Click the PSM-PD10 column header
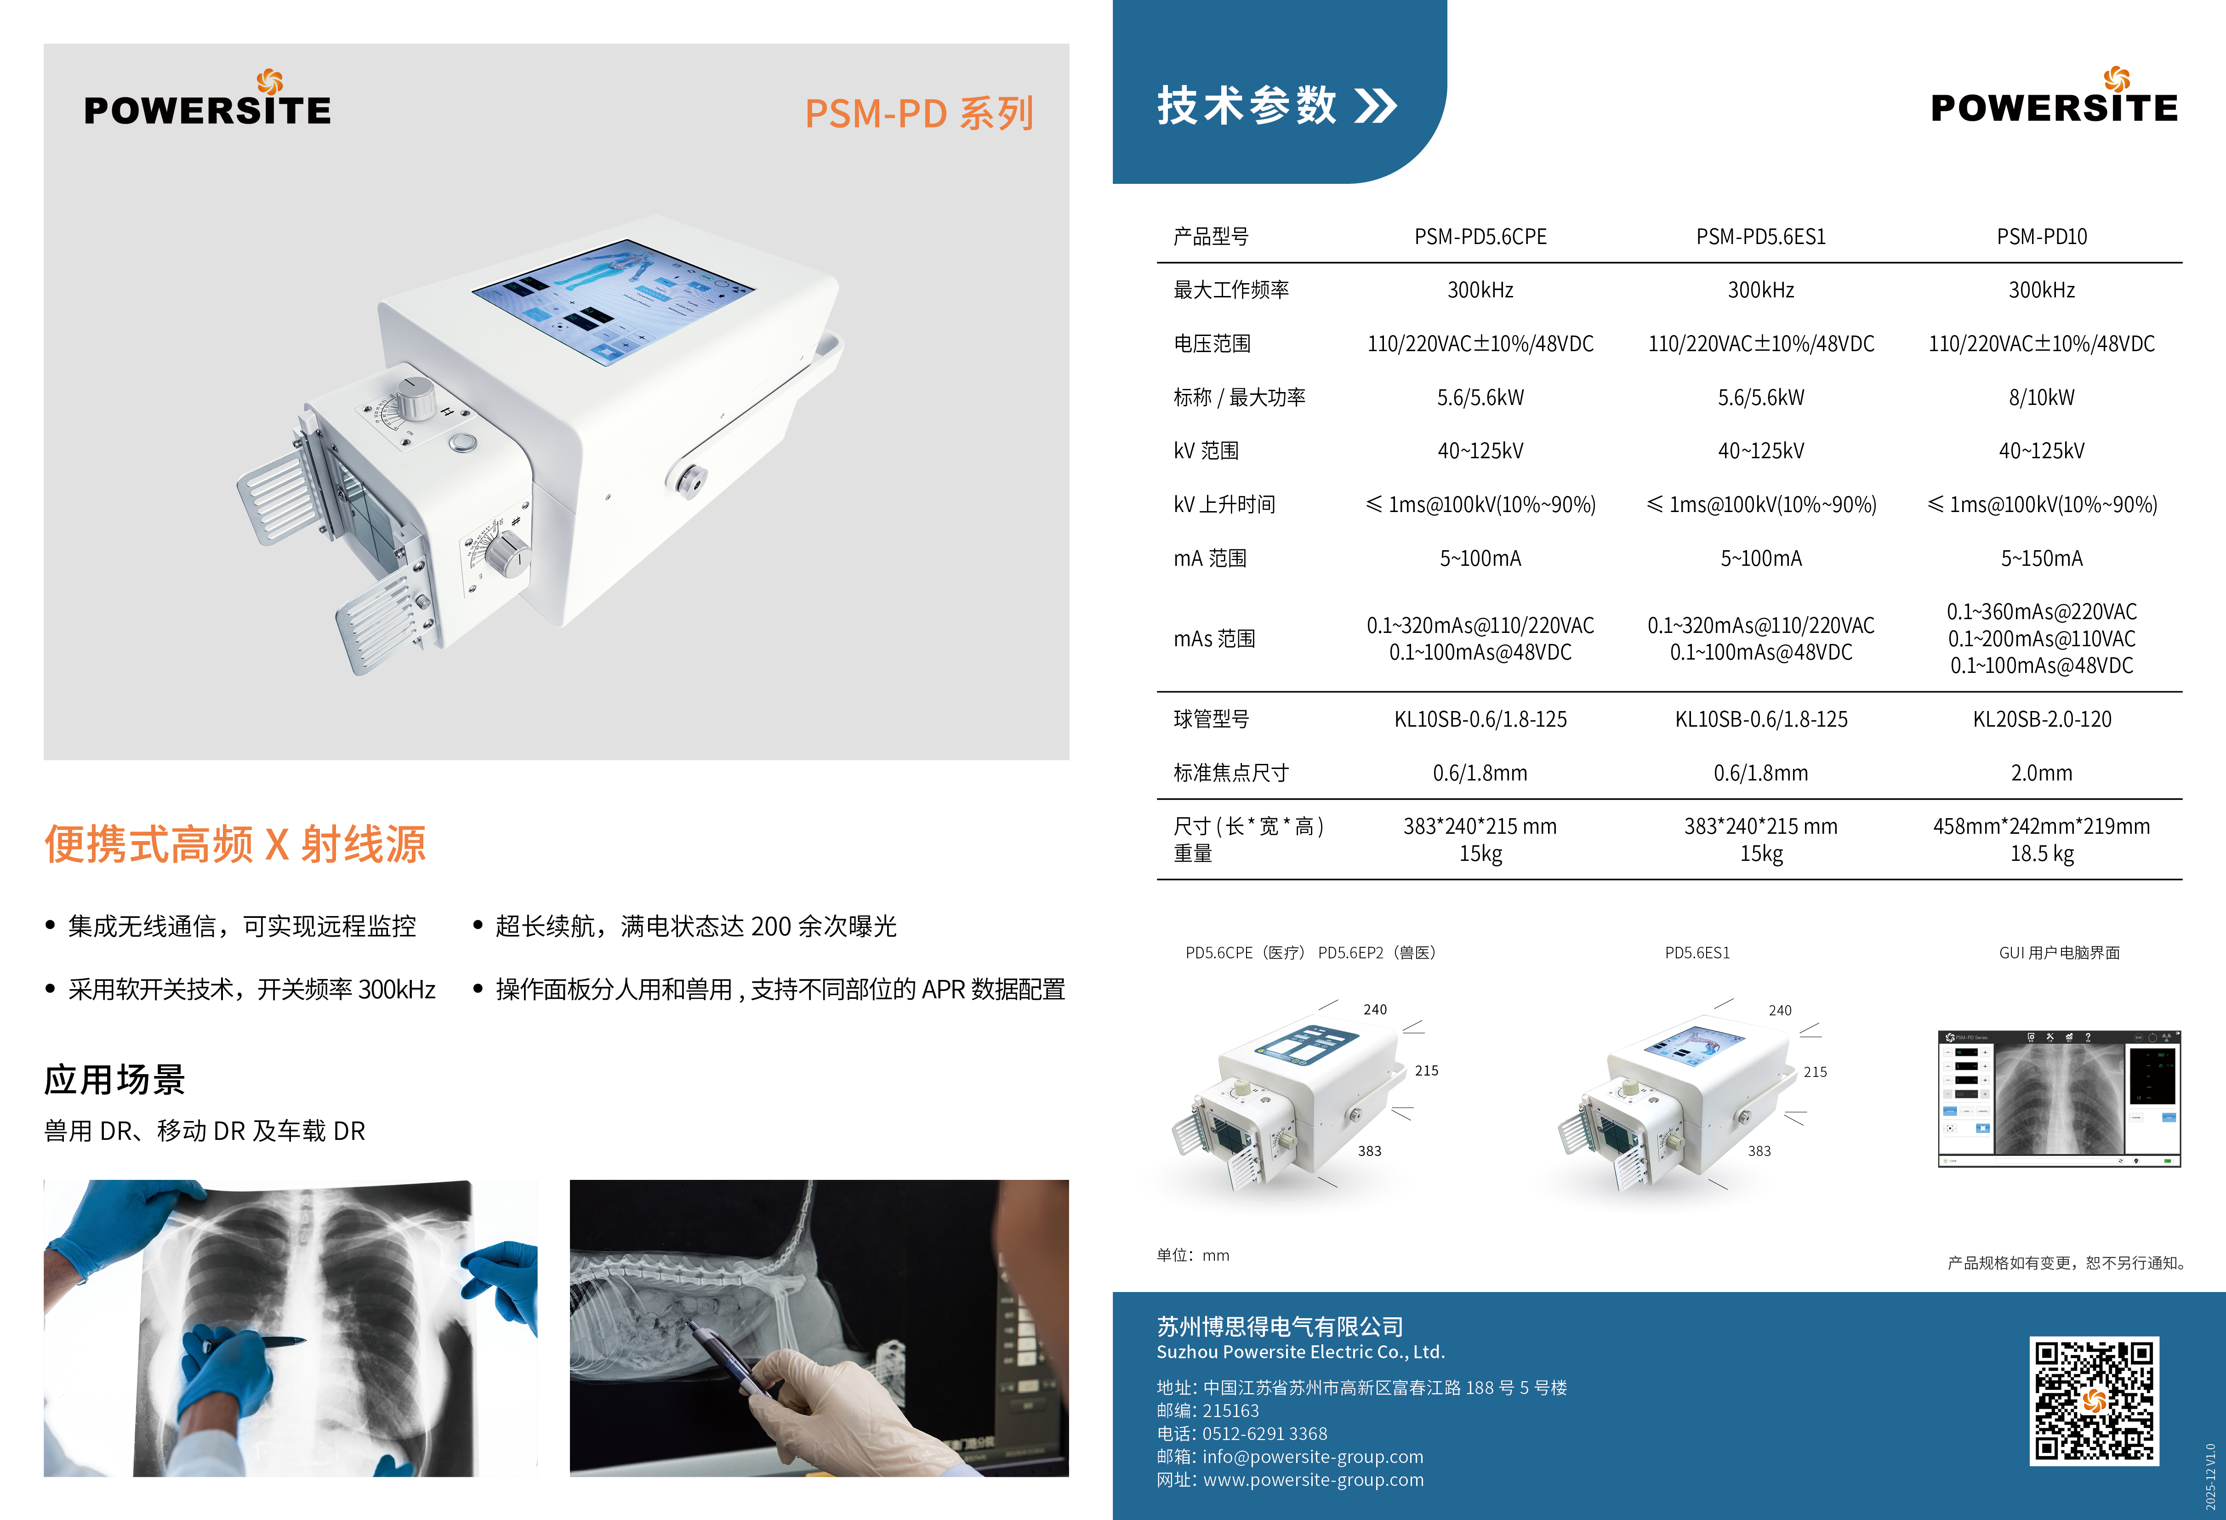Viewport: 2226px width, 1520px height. [x=2041, y=237]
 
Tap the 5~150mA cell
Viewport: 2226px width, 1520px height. [x=2041, y=558]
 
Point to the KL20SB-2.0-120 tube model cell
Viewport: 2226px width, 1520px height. [x=2041, y=719]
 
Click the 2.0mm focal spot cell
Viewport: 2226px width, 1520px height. [x=2041, y=773]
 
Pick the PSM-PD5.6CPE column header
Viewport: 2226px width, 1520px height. [x=1480, y=237]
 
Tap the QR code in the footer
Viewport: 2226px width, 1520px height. [x=2094, y=1400]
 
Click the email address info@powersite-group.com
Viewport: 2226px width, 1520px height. [x=1312, y=1457]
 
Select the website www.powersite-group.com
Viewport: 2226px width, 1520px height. [x=1313, y=1480]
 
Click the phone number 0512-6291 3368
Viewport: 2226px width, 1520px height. [x=1264, y=1434]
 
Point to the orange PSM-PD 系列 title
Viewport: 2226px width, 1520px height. [x=918, y=113]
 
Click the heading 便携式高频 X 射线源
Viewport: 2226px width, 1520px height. [x=235, y=844]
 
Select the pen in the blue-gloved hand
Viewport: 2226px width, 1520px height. [x=268, y=1341]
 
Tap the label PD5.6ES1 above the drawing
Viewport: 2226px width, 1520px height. [x=1697, y=953]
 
